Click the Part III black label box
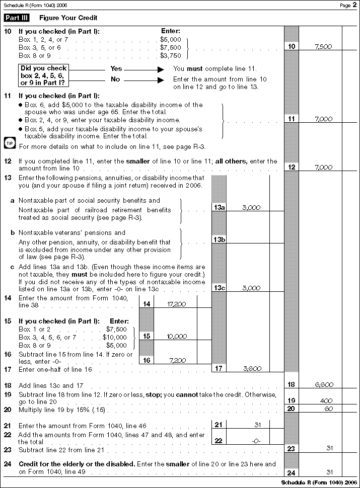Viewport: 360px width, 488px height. point(17,18)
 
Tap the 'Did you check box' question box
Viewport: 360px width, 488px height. point(43,75)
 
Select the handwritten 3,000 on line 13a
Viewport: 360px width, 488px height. point(251,207)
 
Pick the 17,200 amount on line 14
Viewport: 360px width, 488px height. point(176,304)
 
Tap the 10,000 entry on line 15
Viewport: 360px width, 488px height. point(176,337)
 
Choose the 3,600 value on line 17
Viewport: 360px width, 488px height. point(252,369)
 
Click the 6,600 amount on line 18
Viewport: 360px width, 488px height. point(324,385)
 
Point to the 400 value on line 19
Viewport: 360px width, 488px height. point(325,401)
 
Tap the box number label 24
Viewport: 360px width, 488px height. point(291,473)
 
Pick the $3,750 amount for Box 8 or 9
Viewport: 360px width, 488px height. point(170,55)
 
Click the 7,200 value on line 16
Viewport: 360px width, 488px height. point(178,361)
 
